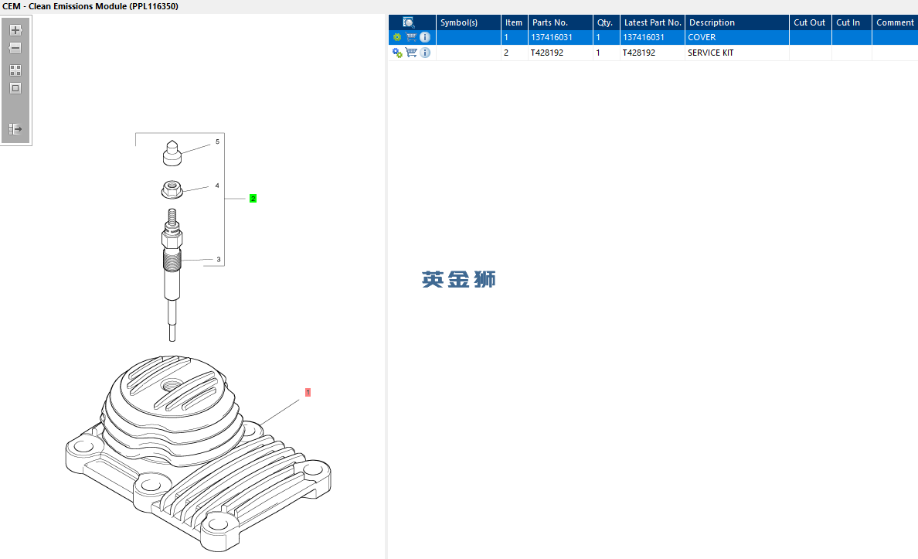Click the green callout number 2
click(253, 199)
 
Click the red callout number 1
click(308, 392)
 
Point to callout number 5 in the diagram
click(217, 141)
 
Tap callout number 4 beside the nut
click(216, 186)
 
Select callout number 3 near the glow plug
click(219, 259)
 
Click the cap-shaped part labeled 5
click(172, 153)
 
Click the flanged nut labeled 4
click(172, 189)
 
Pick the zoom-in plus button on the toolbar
click(15, 30)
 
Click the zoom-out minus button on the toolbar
click(15, 48)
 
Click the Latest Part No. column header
click(652, 22)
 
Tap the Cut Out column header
click(810, 22)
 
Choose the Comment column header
click(895, 22)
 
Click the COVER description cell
click(702, 37)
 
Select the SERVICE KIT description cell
click(710, 53)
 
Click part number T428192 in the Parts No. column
click(547, 53)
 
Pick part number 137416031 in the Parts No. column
click(552, 37)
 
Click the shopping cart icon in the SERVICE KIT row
click(411, 53)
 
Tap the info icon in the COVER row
click(425, 37)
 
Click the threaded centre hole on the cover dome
click(172, 386)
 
